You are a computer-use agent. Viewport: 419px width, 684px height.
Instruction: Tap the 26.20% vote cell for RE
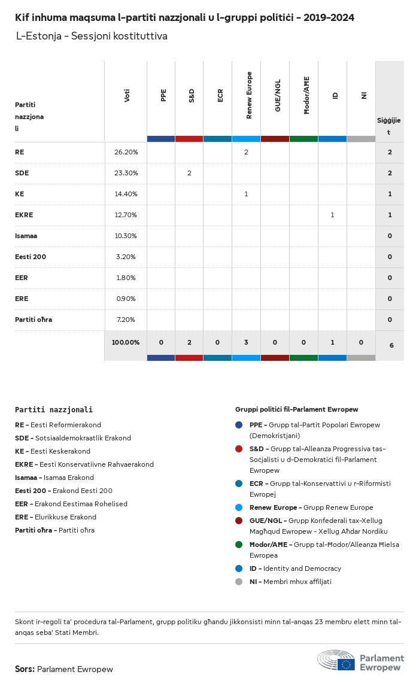point(126,152)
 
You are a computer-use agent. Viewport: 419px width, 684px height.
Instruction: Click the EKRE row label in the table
point(24,215)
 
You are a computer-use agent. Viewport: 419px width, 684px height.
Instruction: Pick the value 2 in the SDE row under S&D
point(189,173)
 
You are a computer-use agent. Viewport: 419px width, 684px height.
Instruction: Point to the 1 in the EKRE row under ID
point(332,215)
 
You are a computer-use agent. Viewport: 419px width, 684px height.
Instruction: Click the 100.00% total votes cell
point(126,342)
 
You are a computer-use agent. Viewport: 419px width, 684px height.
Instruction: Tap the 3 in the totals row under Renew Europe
point(246,342)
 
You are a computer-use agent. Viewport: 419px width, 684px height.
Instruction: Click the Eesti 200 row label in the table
point(31,257)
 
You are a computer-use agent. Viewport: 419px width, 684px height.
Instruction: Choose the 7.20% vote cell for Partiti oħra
point(126,320)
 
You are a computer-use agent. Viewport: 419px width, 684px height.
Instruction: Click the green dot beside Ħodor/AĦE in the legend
point(239,545)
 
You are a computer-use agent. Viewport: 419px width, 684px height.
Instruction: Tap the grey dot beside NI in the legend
point(239,582)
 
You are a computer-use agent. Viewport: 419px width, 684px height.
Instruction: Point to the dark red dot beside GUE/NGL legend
point(239,521)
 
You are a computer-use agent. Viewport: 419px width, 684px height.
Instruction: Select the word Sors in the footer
point(25,669)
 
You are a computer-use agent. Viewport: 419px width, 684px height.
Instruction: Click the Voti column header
point(127,95)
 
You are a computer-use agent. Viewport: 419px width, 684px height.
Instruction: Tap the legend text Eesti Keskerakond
point(60,451)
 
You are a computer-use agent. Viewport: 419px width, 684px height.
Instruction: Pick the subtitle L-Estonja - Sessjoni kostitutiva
point(92,37)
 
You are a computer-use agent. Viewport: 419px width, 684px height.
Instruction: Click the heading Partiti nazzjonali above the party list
point(54,410)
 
